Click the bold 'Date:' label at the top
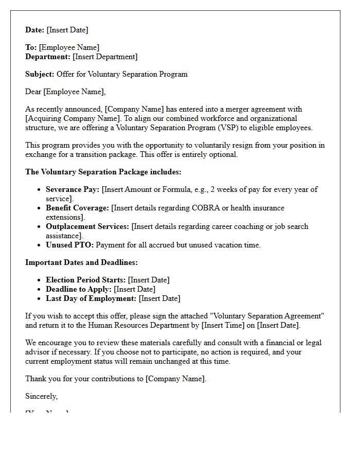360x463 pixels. point(35,30)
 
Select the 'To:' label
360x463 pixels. point(31,47)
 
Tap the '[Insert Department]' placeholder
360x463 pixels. point(105,57)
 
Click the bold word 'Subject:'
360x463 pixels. point(40,74)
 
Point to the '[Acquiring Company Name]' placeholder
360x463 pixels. point(73,118)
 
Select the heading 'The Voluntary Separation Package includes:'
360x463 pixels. point(103,172)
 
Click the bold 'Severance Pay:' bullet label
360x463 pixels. point(73,189)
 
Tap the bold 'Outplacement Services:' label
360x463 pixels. point(87,226)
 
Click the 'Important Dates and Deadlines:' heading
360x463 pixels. point(81,262)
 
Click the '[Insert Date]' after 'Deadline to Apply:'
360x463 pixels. point(134,289)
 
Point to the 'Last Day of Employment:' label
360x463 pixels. point(91,298)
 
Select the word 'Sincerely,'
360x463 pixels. point(42,396)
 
